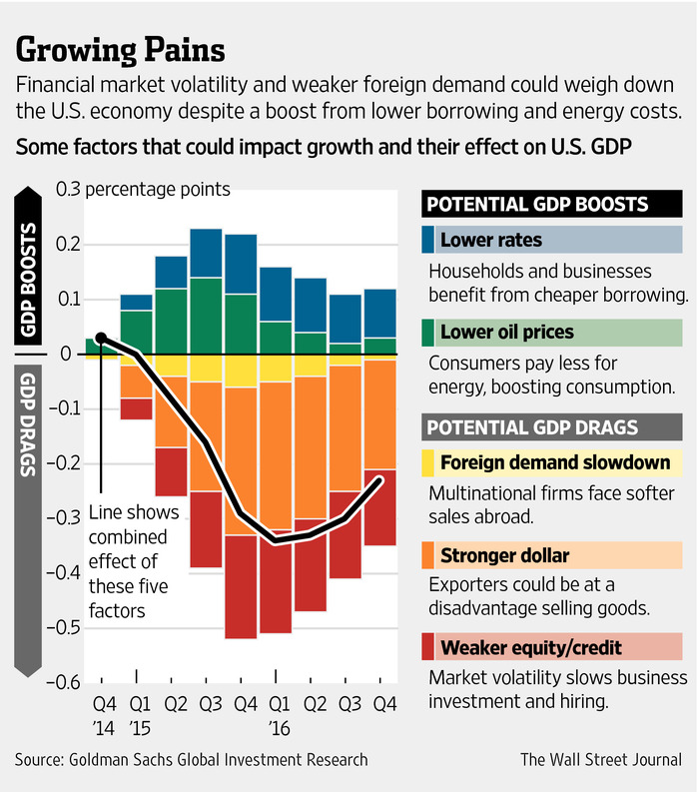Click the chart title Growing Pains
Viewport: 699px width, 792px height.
point(121,49)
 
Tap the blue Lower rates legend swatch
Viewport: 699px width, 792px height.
point(428,240)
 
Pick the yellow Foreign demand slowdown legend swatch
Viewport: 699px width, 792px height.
point(428,462)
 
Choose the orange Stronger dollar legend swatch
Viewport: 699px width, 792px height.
point(428,554)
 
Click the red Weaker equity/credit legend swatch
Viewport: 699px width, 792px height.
point(428,646)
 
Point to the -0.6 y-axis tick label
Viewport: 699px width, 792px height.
point(67,681)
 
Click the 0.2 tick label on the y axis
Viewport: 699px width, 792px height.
point(70,244)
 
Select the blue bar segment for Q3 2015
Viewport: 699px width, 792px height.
point(206,253)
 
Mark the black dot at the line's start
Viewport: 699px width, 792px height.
point(101,338)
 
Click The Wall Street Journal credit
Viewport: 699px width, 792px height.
point(603,760)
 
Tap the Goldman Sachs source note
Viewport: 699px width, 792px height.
point(191,760)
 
